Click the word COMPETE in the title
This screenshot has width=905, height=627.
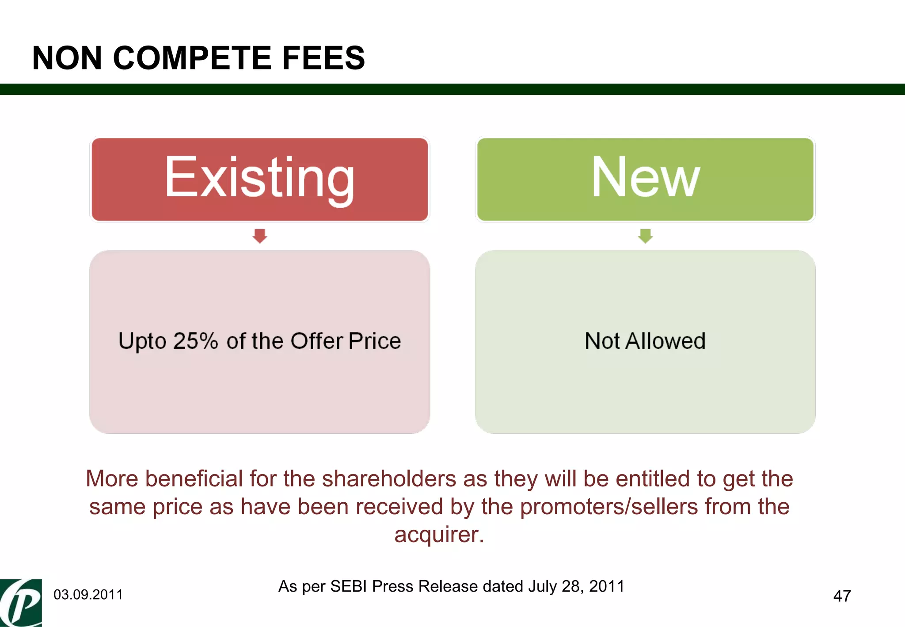(192, 58)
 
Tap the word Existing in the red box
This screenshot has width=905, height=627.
(259, 178)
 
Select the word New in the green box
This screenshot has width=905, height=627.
(645, 177)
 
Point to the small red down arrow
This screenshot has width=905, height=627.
(260, 236)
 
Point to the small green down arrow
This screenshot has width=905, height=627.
(645, 236)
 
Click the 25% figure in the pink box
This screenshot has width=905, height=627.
(195, 341)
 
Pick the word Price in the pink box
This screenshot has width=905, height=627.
(374, 341)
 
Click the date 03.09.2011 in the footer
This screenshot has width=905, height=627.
(88, 595)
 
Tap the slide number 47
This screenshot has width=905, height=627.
(842, 596)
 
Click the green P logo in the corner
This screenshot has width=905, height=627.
(21, 603)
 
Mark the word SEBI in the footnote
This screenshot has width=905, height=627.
(349, 586)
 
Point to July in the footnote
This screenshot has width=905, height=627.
(543, 586)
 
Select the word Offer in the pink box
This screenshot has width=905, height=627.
(317, 341)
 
